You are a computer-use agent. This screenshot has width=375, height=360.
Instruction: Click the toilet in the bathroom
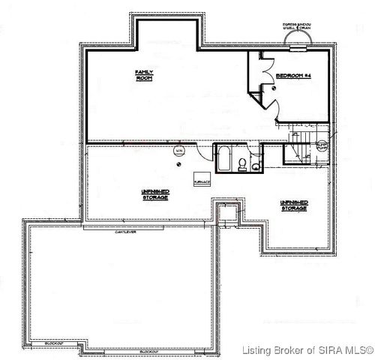click(242, 163)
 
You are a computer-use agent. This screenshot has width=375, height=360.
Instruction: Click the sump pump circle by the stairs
click(321, 147)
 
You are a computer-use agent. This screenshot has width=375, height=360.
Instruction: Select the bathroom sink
click(256, 166)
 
